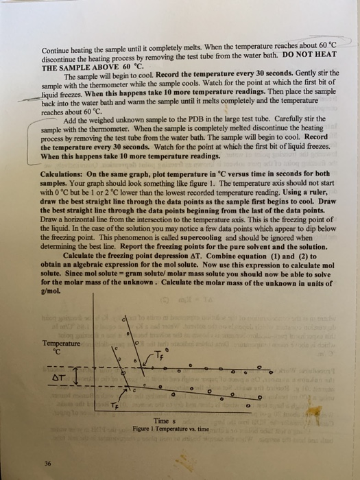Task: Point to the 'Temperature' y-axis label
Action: coord(62,341)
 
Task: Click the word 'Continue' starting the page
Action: coord(58,51)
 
